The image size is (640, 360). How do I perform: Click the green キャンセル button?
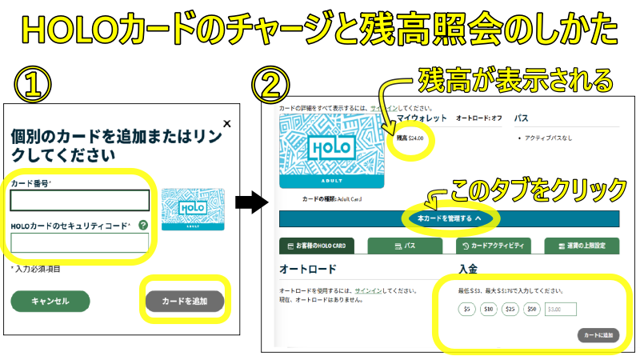coord(50,301)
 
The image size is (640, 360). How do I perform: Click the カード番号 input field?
coord(80,200)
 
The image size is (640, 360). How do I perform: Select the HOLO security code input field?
coord(80,242)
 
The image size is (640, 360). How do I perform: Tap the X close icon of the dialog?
coord(226,124)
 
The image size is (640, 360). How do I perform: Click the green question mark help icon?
coord(142,226)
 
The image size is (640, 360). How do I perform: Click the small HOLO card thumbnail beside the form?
coord(193,208)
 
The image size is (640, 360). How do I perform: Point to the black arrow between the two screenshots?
coord(254,203)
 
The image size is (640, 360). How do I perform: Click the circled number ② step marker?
coord(270,82)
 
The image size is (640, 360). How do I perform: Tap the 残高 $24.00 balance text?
coord(410,138)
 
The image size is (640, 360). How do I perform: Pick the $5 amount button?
coord(467,309)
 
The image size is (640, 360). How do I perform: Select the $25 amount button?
coord(510,309)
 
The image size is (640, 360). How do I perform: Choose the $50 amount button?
coord(532,309)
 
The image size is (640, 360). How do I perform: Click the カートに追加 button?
coord(598,335)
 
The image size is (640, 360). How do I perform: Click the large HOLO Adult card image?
coord(330,151)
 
